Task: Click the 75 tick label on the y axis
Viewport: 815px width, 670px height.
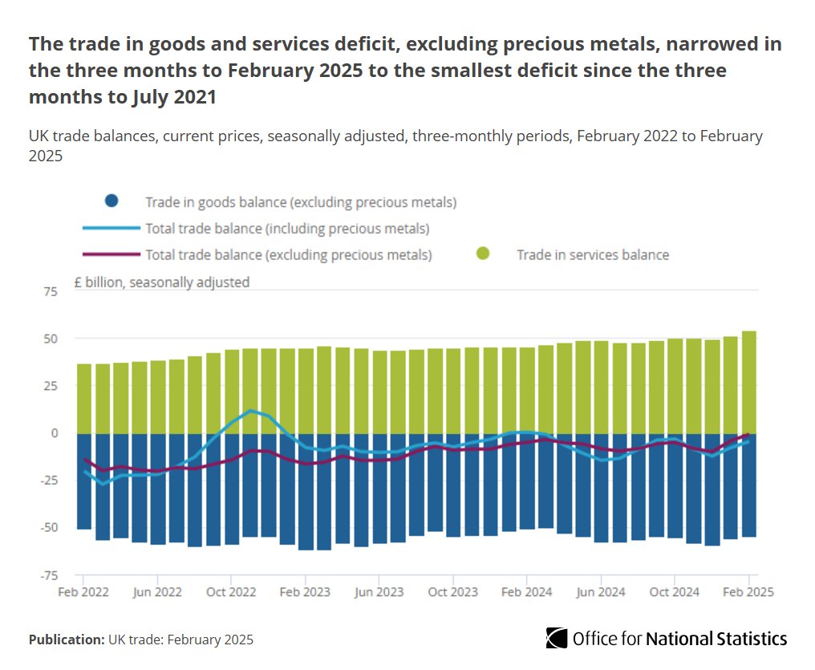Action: point(50,292)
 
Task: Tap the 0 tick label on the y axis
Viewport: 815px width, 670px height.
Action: point(54,433)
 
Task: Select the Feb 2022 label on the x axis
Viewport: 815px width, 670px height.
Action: point(83,593)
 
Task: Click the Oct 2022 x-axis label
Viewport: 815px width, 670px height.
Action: point(231,593)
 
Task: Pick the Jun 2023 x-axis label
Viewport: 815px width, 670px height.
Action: point(379,593)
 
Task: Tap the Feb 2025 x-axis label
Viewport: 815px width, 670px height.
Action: point(748,593)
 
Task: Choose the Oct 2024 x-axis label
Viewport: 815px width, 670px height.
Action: point(674,593)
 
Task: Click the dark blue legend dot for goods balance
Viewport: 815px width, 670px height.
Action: point(112,201)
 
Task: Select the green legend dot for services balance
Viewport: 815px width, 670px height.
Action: point(482,254)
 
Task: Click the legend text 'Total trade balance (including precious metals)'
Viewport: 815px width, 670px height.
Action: point(287,229)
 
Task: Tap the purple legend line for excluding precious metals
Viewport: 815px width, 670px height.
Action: point(112,255)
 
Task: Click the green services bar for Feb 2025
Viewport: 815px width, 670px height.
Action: point(748,382)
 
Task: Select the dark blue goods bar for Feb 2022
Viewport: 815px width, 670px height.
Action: point(83,481)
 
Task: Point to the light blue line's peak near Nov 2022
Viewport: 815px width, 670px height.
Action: point(250,410)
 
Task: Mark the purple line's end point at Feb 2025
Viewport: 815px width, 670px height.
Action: point(748,435)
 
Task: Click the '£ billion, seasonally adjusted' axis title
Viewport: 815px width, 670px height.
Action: point(161,282)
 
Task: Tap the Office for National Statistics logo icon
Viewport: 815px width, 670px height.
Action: point(557,639)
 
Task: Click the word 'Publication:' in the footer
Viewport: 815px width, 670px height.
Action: point(67,640)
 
